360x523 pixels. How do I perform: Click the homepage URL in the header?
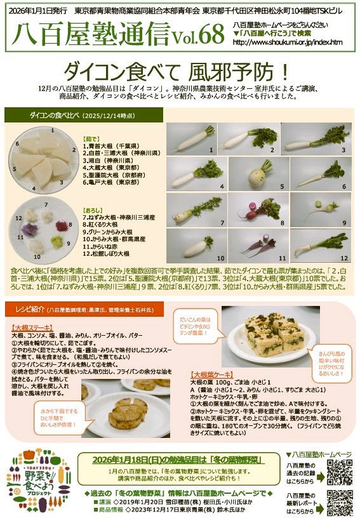tap(288, 43)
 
